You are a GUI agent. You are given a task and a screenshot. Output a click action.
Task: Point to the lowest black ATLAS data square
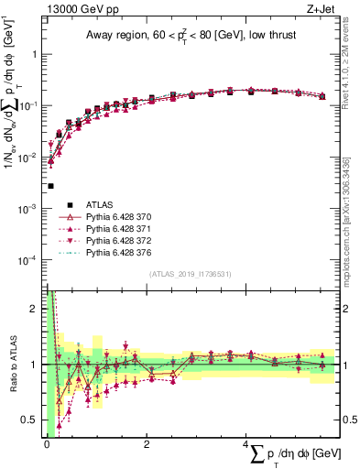pos(49,186)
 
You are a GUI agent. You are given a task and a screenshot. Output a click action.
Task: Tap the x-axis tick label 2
pos(147,444)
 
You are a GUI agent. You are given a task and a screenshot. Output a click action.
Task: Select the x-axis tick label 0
pos(47,444)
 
